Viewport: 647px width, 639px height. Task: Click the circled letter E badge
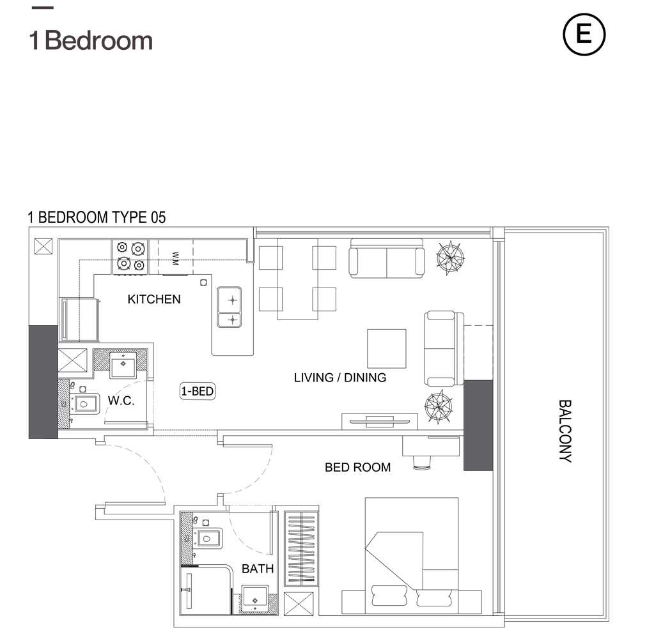point(584,35)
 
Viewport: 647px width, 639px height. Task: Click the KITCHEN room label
point(154,299)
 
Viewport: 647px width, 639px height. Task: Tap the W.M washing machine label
point(175,258)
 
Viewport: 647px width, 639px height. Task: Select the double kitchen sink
point(230,307)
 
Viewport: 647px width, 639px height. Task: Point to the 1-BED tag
point(198,391)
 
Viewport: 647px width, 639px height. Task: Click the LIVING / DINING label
point(340,378)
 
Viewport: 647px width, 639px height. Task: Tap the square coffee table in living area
point(387,349)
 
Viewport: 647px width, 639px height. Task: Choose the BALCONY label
point(565,431)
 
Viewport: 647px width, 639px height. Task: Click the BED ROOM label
point(358,467)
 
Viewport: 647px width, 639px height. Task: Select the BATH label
point(258,569)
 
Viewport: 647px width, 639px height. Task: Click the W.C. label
point(121,400)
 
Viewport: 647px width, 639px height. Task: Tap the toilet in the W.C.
point(84,404)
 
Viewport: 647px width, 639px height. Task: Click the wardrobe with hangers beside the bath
point(301,548)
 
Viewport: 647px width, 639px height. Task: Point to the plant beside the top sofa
point(449,258)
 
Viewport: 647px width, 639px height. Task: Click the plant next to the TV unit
point(438,406)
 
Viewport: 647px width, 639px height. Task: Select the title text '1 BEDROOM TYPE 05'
point(97,217)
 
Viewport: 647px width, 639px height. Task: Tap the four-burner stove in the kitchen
point(130,257)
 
